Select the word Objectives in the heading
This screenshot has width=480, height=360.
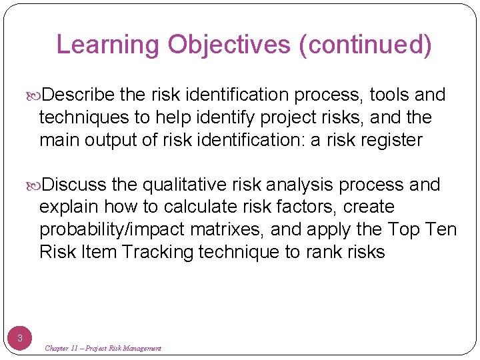coord(229,45)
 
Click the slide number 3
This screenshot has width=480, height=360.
coord(20,338)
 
